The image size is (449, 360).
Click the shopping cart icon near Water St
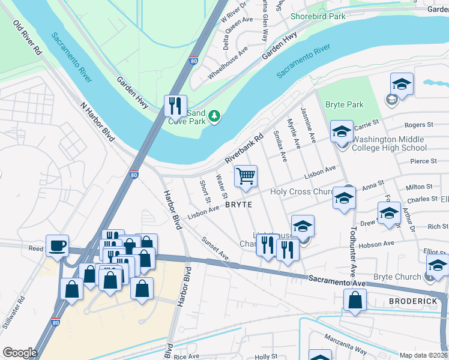(x=245, y=176)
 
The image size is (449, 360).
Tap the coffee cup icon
(x=57, y=245)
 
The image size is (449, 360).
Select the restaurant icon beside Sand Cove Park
(x=175, y=106)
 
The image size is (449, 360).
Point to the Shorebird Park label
(x=318, y=17)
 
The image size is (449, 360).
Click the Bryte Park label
(x=345, y=104)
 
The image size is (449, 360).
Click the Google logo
(x=20, y=353)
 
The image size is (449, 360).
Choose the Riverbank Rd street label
(x=245, y=149)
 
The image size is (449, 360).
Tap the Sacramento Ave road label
(x=337, y=281)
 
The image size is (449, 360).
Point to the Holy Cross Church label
(x=302, y=191)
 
